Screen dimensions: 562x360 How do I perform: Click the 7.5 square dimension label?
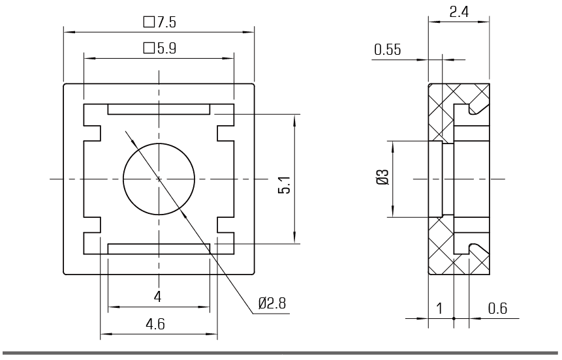point(160,22)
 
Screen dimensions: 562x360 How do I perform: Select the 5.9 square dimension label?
point(160,48)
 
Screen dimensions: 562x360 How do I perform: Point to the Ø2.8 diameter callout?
point(272,303)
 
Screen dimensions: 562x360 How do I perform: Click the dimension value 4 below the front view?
point(158,297)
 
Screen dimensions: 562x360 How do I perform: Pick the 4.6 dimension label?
point(155,324)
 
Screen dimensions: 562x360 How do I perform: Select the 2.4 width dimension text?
point(459,12)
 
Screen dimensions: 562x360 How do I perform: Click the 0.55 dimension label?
point(388,50)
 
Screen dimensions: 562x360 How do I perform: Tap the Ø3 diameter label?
point(382,177)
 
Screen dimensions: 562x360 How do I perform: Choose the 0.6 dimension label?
point(498,308)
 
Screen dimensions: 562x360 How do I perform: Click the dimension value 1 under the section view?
point(439,308)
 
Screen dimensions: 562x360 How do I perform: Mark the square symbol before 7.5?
point(148,22)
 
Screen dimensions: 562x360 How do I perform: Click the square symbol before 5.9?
point(148,48)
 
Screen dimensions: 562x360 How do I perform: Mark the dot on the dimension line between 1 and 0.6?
point(454,318)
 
